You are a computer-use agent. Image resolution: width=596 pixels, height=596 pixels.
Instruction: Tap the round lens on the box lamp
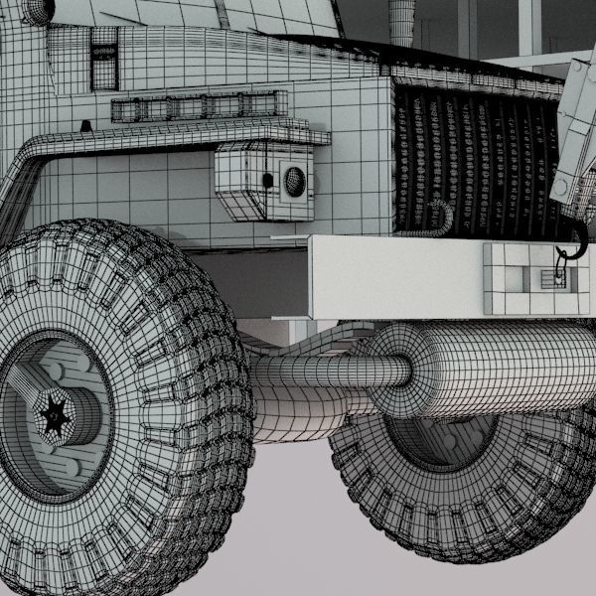pyautogui.click(x=294, y=180)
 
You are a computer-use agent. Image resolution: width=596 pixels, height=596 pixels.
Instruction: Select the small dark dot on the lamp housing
pyautogui.click(x=266, y=179)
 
